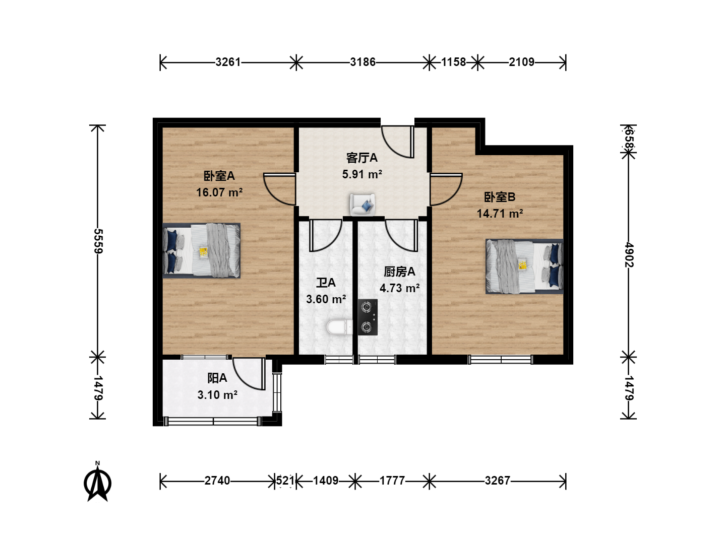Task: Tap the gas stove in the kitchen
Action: point(368,317)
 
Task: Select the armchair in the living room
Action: point(362,205)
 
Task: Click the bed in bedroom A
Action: point(202,250)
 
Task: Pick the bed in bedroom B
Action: point(524,266)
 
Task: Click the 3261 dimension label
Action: point(228,62)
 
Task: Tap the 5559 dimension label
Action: point(98,241)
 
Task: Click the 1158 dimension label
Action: point(453,62)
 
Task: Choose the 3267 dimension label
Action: point(498,481)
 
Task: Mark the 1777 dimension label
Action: point(392,481)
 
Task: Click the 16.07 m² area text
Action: point(219,192)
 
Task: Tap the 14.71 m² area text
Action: point(500,214)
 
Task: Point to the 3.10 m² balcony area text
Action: point(217,395)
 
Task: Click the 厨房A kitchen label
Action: point(399,271)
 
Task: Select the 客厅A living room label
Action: point(362,158)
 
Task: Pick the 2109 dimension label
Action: point(522,62)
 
